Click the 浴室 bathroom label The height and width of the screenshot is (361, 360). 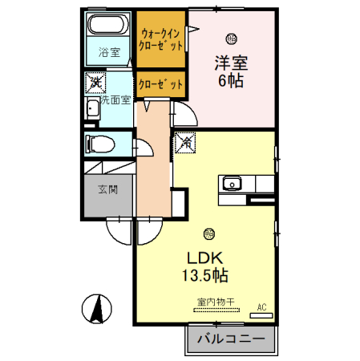pos(109,53)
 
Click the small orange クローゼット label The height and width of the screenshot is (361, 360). pos(160,83)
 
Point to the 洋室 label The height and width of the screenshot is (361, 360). pos(229,63)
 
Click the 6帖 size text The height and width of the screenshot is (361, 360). pos(229,81)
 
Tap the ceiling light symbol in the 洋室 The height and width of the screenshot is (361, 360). pos(232,38)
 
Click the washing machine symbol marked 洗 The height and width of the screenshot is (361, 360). pos(95,81)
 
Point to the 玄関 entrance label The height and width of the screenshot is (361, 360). pos(107,190)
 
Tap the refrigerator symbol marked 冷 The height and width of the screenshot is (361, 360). pos(184,143)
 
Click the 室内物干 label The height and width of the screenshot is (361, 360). pos(214,302)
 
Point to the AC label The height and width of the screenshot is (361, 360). pos(262,306)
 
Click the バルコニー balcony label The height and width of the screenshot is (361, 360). pos(230,341)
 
